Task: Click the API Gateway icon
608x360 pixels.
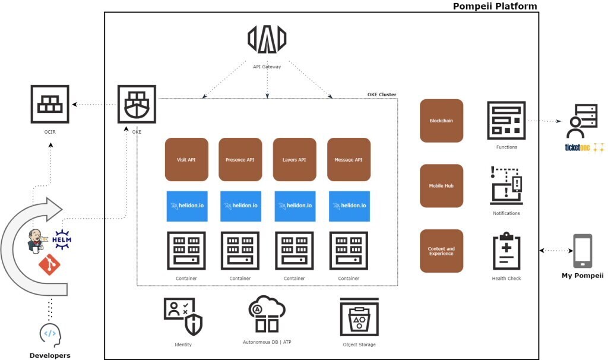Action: click(x=267, y=39)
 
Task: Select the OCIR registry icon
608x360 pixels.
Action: click(x=50, y=105)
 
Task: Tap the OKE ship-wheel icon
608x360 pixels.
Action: click(x=137, y=105)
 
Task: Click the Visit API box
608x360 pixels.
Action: click(x=186, y=159)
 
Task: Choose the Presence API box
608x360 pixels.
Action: click(x=240, y=159)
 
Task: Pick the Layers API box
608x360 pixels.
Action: click(x=294, y=159)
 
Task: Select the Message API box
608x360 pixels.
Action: click(x=349, y=159)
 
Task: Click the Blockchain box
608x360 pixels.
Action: click(x=441, y=121)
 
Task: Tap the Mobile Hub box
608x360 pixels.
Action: click(x=441, y=185)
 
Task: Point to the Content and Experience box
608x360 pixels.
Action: click(x=441, y=251)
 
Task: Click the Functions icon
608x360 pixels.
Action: click(x=506, y=121)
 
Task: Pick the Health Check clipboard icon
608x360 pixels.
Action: click(x=506, y=251)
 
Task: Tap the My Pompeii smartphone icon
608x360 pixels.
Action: click(x=582, y=251)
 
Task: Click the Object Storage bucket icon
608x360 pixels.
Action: click(x=359, y=317)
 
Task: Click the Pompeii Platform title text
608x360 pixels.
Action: click(x=495, y=7)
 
